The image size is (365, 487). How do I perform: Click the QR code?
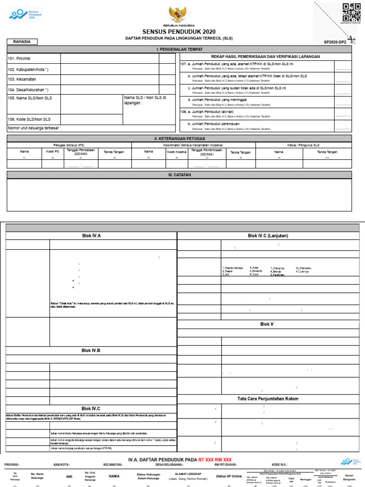pos(352,12)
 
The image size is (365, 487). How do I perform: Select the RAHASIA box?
pos(22,42)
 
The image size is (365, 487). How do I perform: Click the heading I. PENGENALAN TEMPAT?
pos(179,49)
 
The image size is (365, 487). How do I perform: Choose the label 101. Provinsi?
pos(19,58)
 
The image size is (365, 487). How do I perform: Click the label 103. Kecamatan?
pos(22,79)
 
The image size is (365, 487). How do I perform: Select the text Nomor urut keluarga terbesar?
pos(34,128)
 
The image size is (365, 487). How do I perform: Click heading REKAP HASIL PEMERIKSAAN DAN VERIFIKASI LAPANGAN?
pos(265,56)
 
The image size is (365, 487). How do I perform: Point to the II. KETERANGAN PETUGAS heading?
pos(179,138)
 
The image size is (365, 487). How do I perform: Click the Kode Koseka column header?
pos(176,152)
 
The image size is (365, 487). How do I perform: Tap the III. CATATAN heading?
pos(179,175)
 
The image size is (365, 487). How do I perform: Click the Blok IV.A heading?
pos(91,235)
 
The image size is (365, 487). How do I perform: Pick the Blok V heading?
pos(267,324)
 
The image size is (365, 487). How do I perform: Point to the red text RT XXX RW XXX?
pos(215,460)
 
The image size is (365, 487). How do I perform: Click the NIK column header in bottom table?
pos(69,476)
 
